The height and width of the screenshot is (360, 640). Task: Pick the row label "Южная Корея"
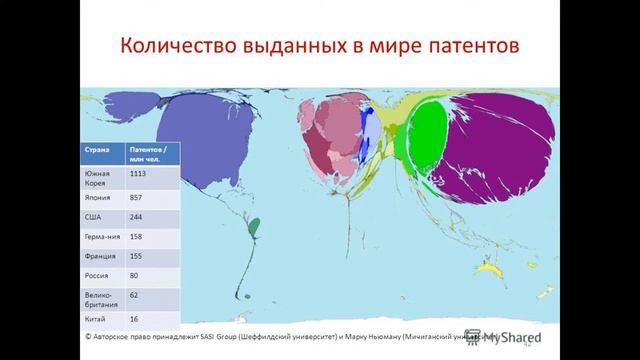click(96, 178)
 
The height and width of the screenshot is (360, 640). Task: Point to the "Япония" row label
click(97, 199)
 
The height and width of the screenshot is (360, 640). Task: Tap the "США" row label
click(92, 219)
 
